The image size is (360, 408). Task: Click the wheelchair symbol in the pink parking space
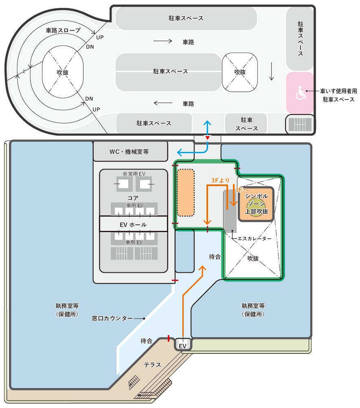click(x=301, y=93)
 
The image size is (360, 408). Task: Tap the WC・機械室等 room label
click(x=129, y=151)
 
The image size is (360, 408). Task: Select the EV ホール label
click(x=133, y=224)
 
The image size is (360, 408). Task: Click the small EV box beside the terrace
click(x=183, y=344)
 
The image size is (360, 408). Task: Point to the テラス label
click(x=152, y=365)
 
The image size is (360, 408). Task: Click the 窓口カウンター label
click(x=112, y=318)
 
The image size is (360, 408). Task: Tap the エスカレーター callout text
click(x=254, y=238)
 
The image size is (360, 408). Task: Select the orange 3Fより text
click(x=220, y=180)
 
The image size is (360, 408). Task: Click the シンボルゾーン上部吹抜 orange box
click(x=256, y=204)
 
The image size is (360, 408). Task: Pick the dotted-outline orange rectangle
click(x=186, y=193)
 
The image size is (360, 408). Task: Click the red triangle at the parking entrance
click(x=207, y=138)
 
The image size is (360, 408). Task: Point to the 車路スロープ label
click(x=63, y=30)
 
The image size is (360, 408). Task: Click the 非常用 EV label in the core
click(x=134, y=174)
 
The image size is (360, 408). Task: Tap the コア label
click(x=133, y=198)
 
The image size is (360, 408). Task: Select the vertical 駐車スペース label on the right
click(x=301, y=39)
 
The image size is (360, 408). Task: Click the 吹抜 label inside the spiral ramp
click(x=63, y=72)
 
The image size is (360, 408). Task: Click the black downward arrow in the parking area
click(x=272, y=71)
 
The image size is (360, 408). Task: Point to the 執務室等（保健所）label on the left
click(x=67, y=310)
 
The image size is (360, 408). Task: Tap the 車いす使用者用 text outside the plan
click(x=338, y=91)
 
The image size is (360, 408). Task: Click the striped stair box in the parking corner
click(x=300, y=124)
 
